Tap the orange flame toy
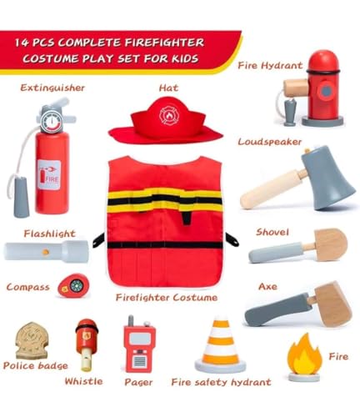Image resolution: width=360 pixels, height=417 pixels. click(x=304, y=359)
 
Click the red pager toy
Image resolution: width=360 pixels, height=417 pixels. click(x=138, y=346)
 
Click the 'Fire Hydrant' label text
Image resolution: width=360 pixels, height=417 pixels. click(x=267, y=64)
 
